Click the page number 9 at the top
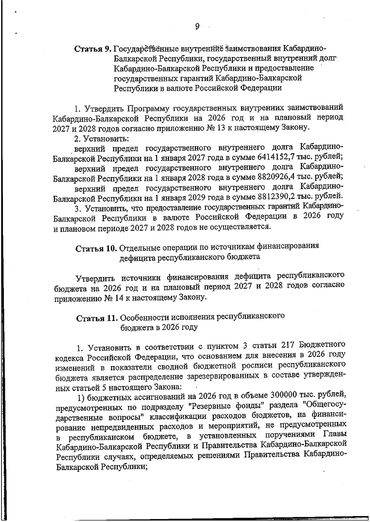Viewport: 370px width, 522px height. tap(197, 27)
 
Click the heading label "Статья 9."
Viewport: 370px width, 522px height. tap(92, 49)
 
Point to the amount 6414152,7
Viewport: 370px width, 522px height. tap(276, 157)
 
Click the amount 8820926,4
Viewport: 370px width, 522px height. tap(276, 177)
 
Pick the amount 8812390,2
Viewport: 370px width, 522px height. tap(276, 196)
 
